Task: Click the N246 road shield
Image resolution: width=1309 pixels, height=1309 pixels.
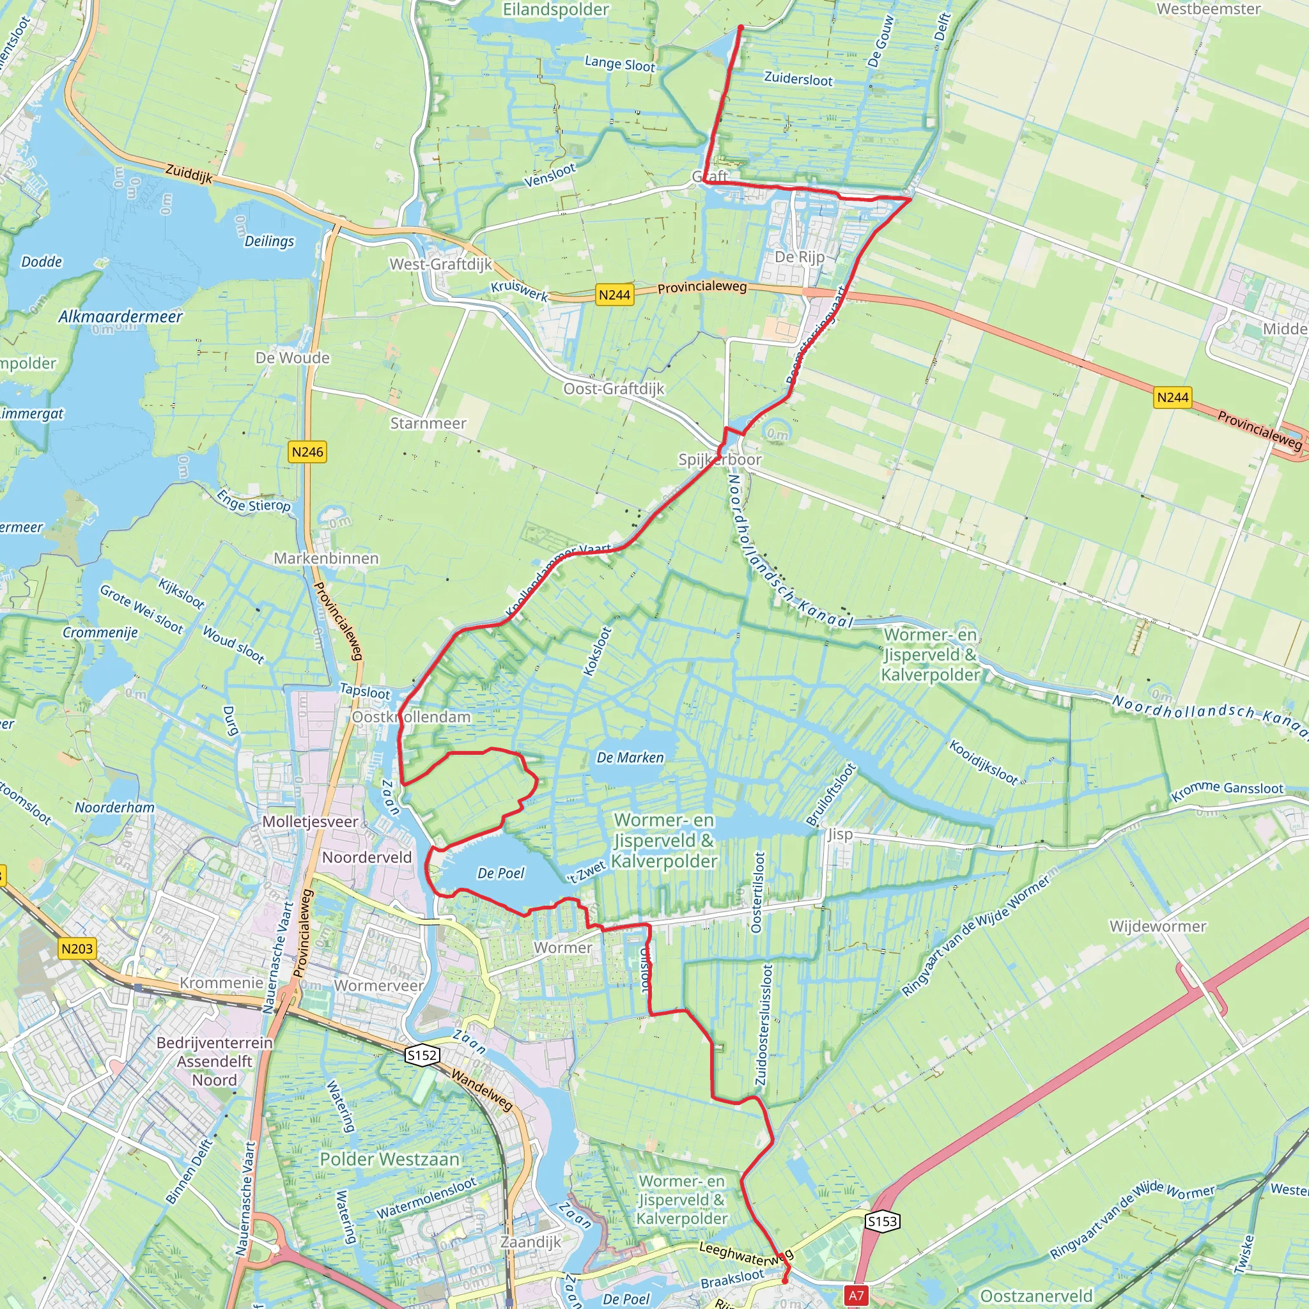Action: point(307,452)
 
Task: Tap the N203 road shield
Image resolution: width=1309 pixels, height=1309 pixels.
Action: point(77,948)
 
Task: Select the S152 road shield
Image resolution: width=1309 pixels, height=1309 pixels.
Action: point(422,1055)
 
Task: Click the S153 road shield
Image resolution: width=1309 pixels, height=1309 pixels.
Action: point(882,1221)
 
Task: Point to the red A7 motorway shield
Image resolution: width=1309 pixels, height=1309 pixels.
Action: point(856,1296)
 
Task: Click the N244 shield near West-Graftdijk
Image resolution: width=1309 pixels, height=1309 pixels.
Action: point(614,295)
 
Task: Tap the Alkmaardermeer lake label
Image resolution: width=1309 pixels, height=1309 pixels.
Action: point(121,316)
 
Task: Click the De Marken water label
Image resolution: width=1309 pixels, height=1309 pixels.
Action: point(630,757)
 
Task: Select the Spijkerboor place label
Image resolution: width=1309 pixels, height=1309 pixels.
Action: point(720,460)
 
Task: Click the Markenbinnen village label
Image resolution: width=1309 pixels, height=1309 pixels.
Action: point(326,558)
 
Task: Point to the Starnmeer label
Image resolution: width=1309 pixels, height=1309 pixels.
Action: point(428,424)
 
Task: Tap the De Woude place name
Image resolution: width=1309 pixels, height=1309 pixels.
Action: point(293,358)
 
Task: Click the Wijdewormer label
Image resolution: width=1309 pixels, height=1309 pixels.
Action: point(1158,926)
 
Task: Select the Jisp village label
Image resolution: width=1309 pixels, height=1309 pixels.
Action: point(839,834)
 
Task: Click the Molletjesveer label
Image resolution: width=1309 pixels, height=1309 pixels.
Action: point(309,822)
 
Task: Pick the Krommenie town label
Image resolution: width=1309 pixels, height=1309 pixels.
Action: point(221,982)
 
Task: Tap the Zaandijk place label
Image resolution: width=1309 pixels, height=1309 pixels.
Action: point(531,1242)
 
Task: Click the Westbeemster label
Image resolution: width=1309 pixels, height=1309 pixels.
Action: point(1209,9)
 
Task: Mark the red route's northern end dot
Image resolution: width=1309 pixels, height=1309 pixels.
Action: point(741,27)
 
